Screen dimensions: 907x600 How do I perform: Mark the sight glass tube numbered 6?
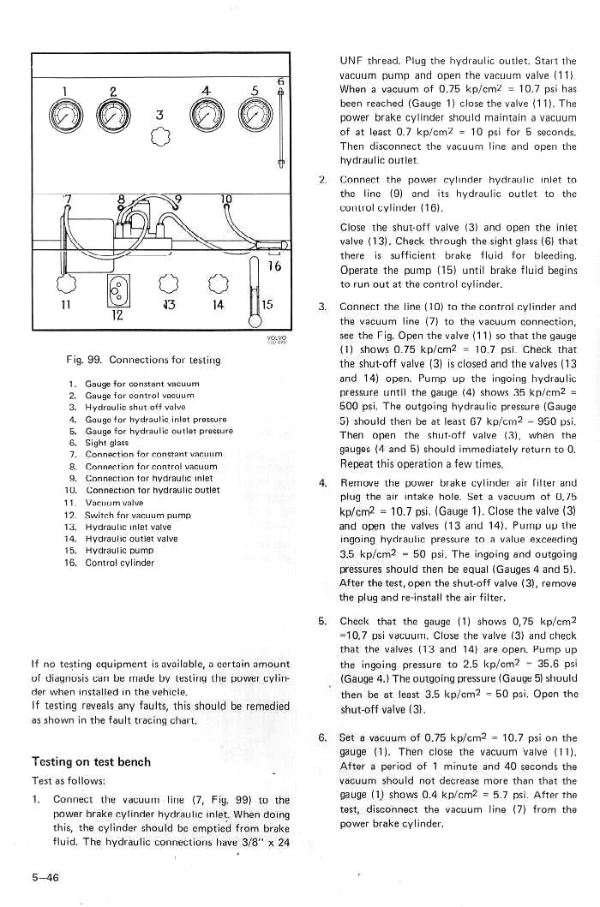coord(280,128)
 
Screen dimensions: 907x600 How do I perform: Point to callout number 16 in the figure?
coord(274,266)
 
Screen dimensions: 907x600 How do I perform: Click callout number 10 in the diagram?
coord(226,200)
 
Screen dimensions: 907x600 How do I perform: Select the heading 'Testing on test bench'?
coord(91,761)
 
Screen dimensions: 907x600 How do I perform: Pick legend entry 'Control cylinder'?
coord(119,563)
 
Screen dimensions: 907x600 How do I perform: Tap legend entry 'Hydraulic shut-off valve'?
coord(129,407)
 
